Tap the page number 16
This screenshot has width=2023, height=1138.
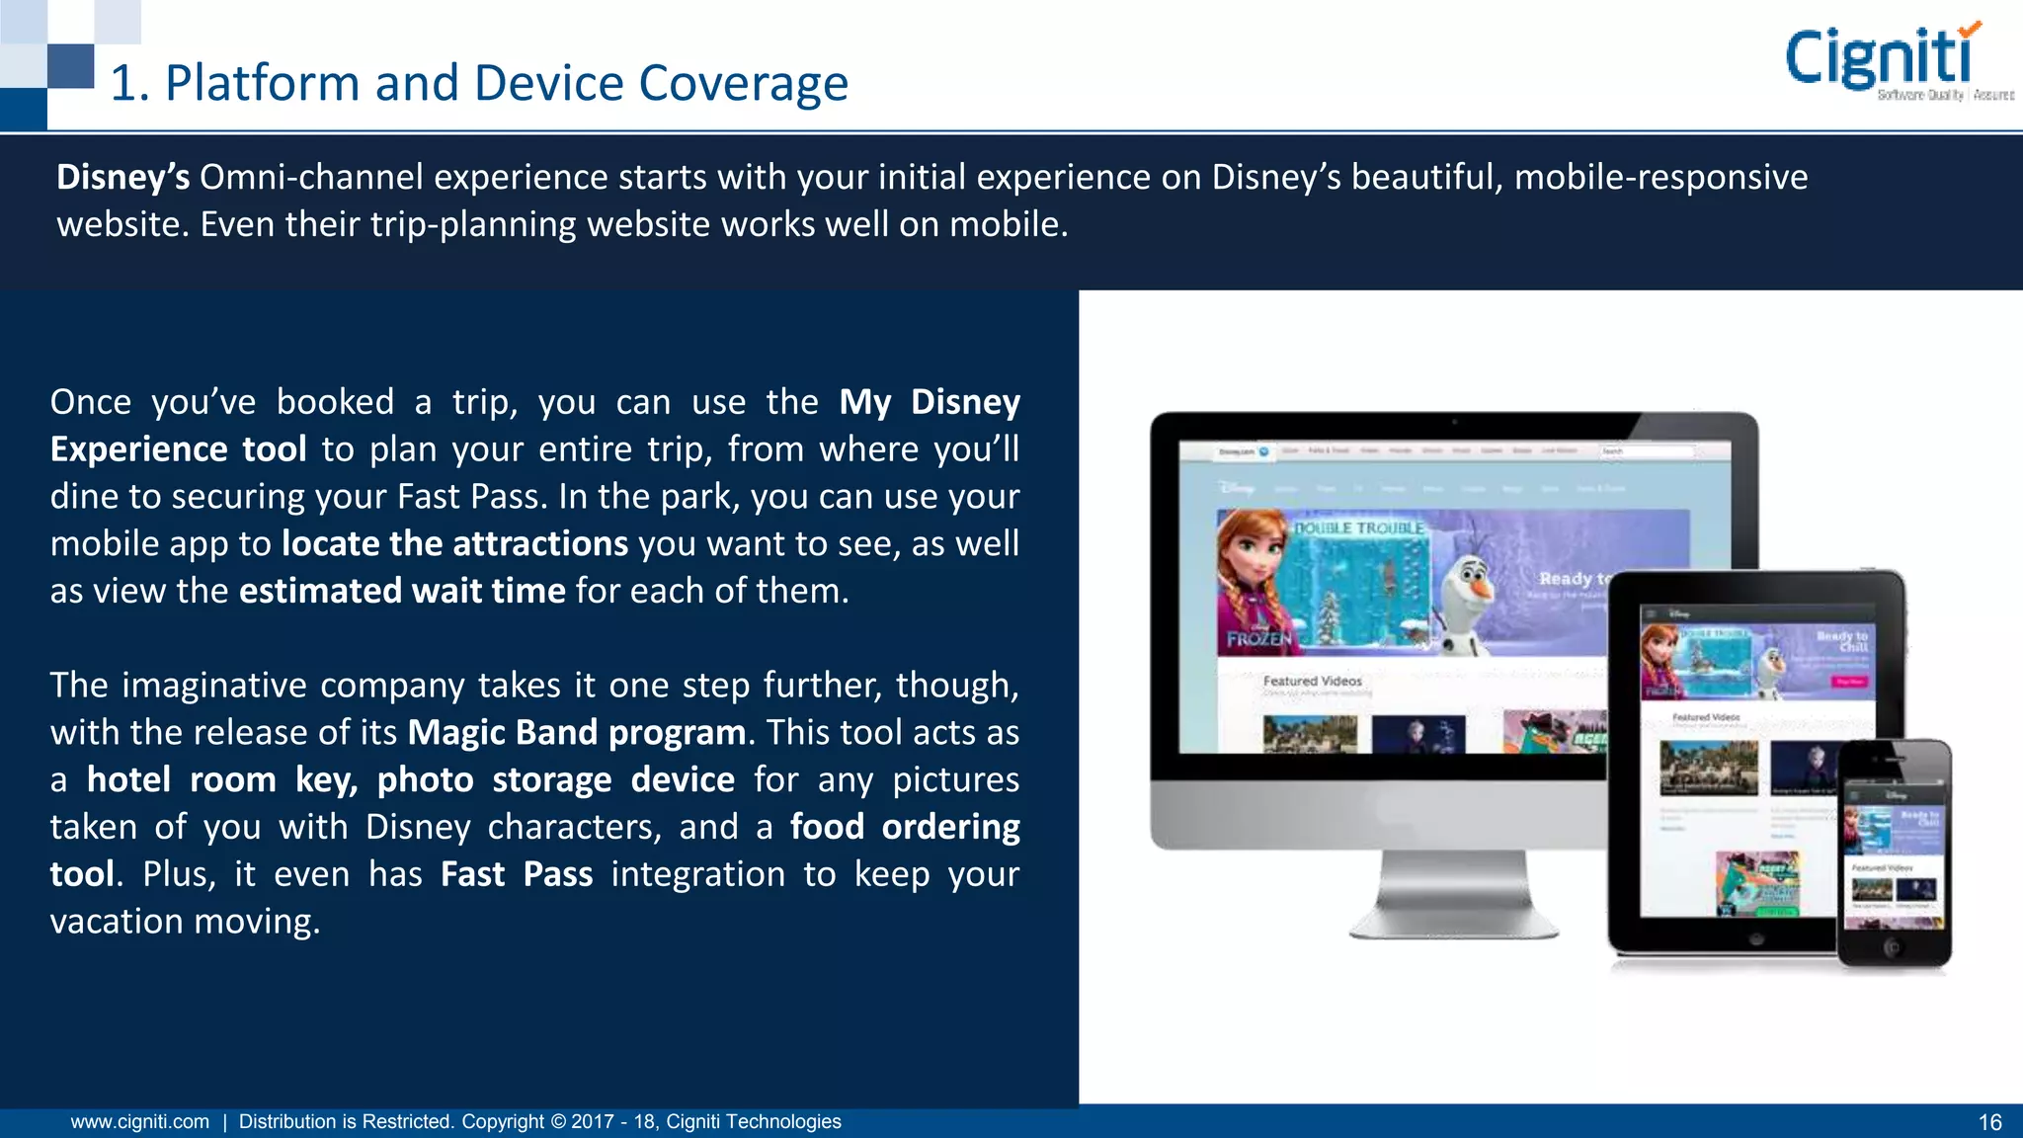pos(1989,1122)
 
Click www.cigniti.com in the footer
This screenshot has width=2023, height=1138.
pos(139,1122)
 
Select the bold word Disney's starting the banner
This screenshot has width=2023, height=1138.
pos(122,178)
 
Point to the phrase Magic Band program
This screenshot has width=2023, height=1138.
pos(577,733)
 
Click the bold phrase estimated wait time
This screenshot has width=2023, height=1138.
pos(402,591)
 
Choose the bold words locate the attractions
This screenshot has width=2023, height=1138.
pos(454,543)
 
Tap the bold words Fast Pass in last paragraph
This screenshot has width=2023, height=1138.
pos(517,874)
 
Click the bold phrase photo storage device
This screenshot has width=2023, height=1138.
pos(555,780)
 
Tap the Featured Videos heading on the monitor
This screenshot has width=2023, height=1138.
pos(1312,681)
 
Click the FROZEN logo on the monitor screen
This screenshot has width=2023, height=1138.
pos(1258,639)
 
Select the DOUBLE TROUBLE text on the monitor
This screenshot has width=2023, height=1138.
pos(1359,528)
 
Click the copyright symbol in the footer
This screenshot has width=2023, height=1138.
pos(558,1122)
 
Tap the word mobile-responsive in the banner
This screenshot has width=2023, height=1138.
pos(1660,178)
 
